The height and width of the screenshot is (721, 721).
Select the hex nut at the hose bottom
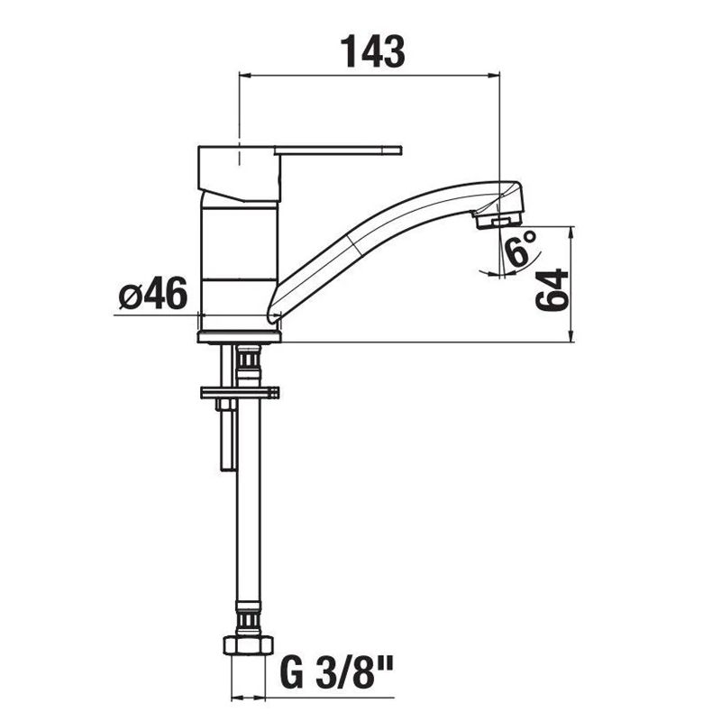pyautogui.click(x=247, y=645)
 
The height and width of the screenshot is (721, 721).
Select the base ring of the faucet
pyautogui.click(x=239, y=336)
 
